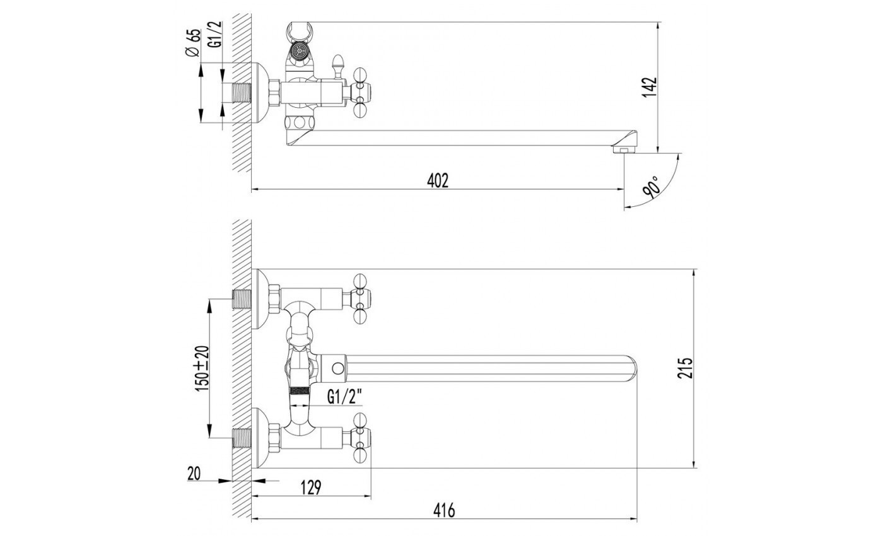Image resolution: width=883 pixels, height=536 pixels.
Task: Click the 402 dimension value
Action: coord(438,180)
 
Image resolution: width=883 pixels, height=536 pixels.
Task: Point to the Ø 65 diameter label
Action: coord(193,44)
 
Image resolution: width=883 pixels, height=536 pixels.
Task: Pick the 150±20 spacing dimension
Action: coord(202,368)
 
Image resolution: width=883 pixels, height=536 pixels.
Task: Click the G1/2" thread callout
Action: coord(344,397)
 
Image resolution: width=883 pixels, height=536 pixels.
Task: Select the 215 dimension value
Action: coord(684,368)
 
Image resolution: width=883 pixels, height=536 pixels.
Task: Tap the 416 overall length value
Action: coord(444,510)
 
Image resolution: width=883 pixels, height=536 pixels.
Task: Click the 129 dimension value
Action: coord(311,487)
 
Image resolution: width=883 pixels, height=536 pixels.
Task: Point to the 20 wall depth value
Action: coord(194,474)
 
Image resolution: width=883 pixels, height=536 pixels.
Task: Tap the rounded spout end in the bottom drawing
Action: coord(630,368)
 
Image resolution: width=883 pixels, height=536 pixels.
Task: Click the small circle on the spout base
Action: coord(338,368)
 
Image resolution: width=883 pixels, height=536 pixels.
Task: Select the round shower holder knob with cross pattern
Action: coord(299,51)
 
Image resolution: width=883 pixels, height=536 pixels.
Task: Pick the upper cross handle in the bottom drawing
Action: coord(361,299)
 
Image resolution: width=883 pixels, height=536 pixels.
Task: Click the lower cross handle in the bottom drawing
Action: coord(361,438)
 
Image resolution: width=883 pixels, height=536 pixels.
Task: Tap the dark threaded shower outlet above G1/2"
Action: coord(299,390)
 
